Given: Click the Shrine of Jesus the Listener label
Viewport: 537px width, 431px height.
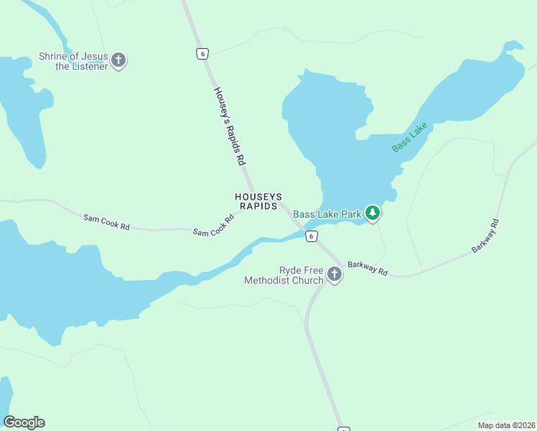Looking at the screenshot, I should point(73,62).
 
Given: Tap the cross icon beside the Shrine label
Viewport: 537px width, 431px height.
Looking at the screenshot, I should point(119,60).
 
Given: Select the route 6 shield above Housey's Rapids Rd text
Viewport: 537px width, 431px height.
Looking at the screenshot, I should point(203,54).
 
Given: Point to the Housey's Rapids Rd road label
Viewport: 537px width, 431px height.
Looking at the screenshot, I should point(225,126).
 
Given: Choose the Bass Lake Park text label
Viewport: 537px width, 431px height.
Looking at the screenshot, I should point(327,214).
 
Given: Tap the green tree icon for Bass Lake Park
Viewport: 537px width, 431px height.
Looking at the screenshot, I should point(372,213).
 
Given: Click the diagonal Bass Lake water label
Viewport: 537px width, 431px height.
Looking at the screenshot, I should point(409,136).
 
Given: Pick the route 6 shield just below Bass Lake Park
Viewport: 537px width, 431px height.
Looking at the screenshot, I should point(310,236).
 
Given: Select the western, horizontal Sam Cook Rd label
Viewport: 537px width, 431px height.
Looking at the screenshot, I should point(106,222).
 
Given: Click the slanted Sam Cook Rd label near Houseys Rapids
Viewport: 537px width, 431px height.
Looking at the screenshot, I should point(214,226).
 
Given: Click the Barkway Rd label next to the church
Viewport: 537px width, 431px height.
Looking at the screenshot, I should point(368,269).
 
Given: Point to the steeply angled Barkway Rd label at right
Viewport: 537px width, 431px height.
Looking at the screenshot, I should point(485,236).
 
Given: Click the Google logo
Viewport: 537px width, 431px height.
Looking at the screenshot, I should point(24,422).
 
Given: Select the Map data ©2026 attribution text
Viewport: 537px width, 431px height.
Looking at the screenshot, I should point(505,425).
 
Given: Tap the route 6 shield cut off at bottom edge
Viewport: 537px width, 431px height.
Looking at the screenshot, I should point(344,429).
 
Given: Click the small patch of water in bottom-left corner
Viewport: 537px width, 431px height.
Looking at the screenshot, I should point(4,395).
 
